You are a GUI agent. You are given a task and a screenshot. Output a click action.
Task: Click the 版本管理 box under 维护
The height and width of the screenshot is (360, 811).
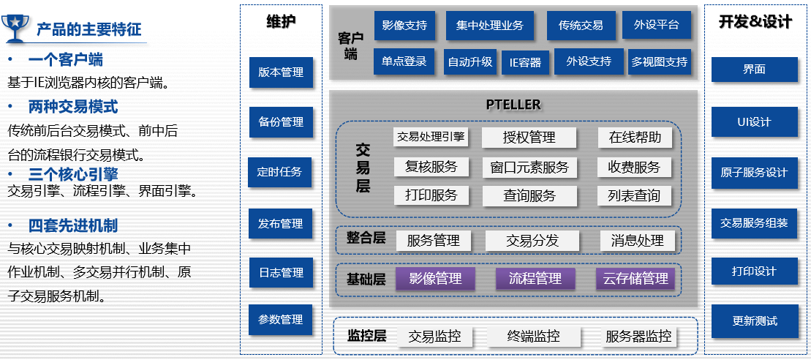click(x=281, y=72)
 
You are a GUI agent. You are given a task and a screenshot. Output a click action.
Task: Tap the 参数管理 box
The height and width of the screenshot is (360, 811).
click(x=280, y=320)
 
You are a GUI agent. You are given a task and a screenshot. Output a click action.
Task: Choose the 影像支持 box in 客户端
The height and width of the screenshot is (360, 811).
click(x=404, y=26)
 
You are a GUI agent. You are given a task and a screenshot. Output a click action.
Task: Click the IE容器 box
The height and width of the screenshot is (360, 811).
click(x=526, y=62)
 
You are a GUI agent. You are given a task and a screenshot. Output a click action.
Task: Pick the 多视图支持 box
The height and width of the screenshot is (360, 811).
click(x=660, y=62)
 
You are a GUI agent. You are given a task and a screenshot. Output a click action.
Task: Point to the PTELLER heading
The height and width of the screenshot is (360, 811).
click(x=513, y=105)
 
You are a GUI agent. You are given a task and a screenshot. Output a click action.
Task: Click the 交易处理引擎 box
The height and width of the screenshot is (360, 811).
click(x=431, y=136)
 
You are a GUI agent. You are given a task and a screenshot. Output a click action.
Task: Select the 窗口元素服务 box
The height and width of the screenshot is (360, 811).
click(x=529, y=167)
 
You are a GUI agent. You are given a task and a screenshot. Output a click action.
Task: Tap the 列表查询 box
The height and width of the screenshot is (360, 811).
click(x=634, y=195)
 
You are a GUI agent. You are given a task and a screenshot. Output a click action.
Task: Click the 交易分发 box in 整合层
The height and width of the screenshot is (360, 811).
click(x=532, y=241)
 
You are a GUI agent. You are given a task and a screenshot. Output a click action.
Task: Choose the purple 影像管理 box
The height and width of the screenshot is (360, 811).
click(x=435, y=279)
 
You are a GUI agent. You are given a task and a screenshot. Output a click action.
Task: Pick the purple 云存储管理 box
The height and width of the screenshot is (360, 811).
click(x=635, y=279)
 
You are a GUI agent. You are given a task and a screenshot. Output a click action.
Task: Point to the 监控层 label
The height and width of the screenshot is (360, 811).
click(x=366, y=337)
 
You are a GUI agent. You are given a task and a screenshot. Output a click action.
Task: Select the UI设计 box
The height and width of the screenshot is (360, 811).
click(x=754, y=122)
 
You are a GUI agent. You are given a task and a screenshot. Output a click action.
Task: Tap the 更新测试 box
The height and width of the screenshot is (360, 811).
click(x=755, y=320)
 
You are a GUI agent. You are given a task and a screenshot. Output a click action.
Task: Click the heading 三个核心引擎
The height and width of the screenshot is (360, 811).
click(x=73, y=175)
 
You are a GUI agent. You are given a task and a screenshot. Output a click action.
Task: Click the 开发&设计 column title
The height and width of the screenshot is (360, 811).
click(x=755, y=22)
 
